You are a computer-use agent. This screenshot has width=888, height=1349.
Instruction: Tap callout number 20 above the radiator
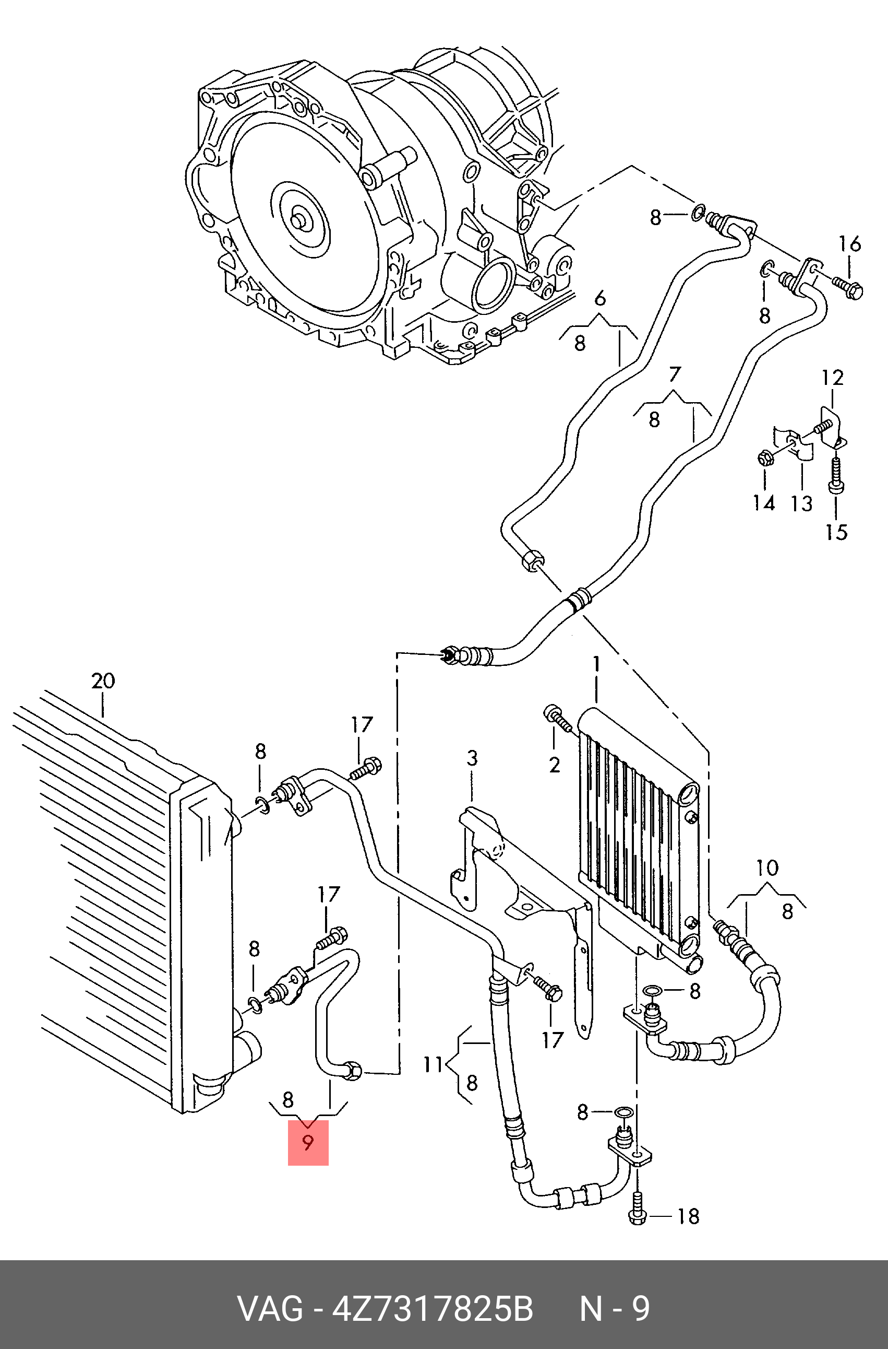click(103, 680)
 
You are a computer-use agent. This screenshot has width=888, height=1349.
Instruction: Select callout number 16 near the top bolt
click(849, 244)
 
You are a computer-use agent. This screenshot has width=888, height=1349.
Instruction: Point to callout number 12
click(833, 378)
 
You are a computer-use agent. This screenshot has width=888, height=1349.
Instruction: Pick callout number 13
click(801, 503)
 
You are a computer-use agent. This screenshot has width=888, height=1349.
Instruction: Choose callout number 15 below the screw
click(836, 532)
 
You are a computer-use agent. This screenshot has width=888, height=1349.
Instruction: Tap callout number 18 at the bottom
click(688, 1215)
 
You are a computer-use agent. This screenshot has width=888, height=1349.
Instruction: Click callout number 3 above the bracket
click(472, 758)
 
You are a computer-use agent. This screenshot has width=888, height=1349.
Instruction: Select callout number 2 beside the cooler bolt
click(555, 765)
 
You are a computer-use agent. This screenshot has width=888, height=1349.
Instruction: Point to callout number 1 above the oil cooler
click(596, 664)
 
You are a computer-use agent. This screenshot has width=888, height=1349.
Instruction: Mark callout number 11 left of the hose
click(433, 1064)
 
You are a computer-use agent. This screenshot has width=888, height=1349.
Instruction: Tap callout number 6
click(601, 298)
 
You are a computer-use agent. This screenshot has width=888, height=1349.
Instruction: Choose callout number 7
click(674, 374)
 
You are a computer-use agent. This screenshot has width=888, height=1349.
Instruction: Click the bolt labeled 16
click(847, 286)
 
